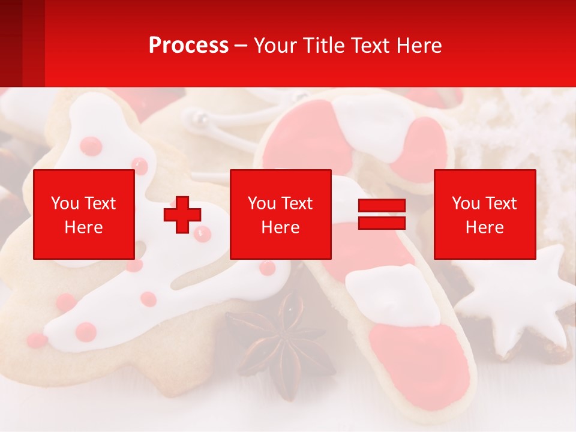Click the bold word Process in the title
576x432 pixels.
click(x=188, y=46)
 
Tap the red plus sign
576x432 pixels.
click(x=182, y=214)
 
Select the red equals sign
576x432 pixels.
click(x=382, y=214)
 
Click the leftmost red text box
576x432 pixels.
click(x=83, y=214)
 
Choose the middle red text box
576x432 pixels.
click(x=280, y=214)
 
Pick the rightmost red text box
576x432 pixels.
click(x=484, y=214)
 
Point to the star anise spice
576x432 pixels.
click(x=282, y=342)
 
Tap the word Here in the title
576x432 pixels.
click(x=418, y=46)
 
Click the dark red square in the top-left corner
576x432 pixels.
click(x=11, y=42)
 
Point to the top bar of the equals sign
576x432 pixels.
click(x=382, y=206)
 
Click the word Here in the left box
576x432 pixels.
click(x=83, y=227)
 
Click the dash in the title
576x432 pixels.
click(x=241, y=46)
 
